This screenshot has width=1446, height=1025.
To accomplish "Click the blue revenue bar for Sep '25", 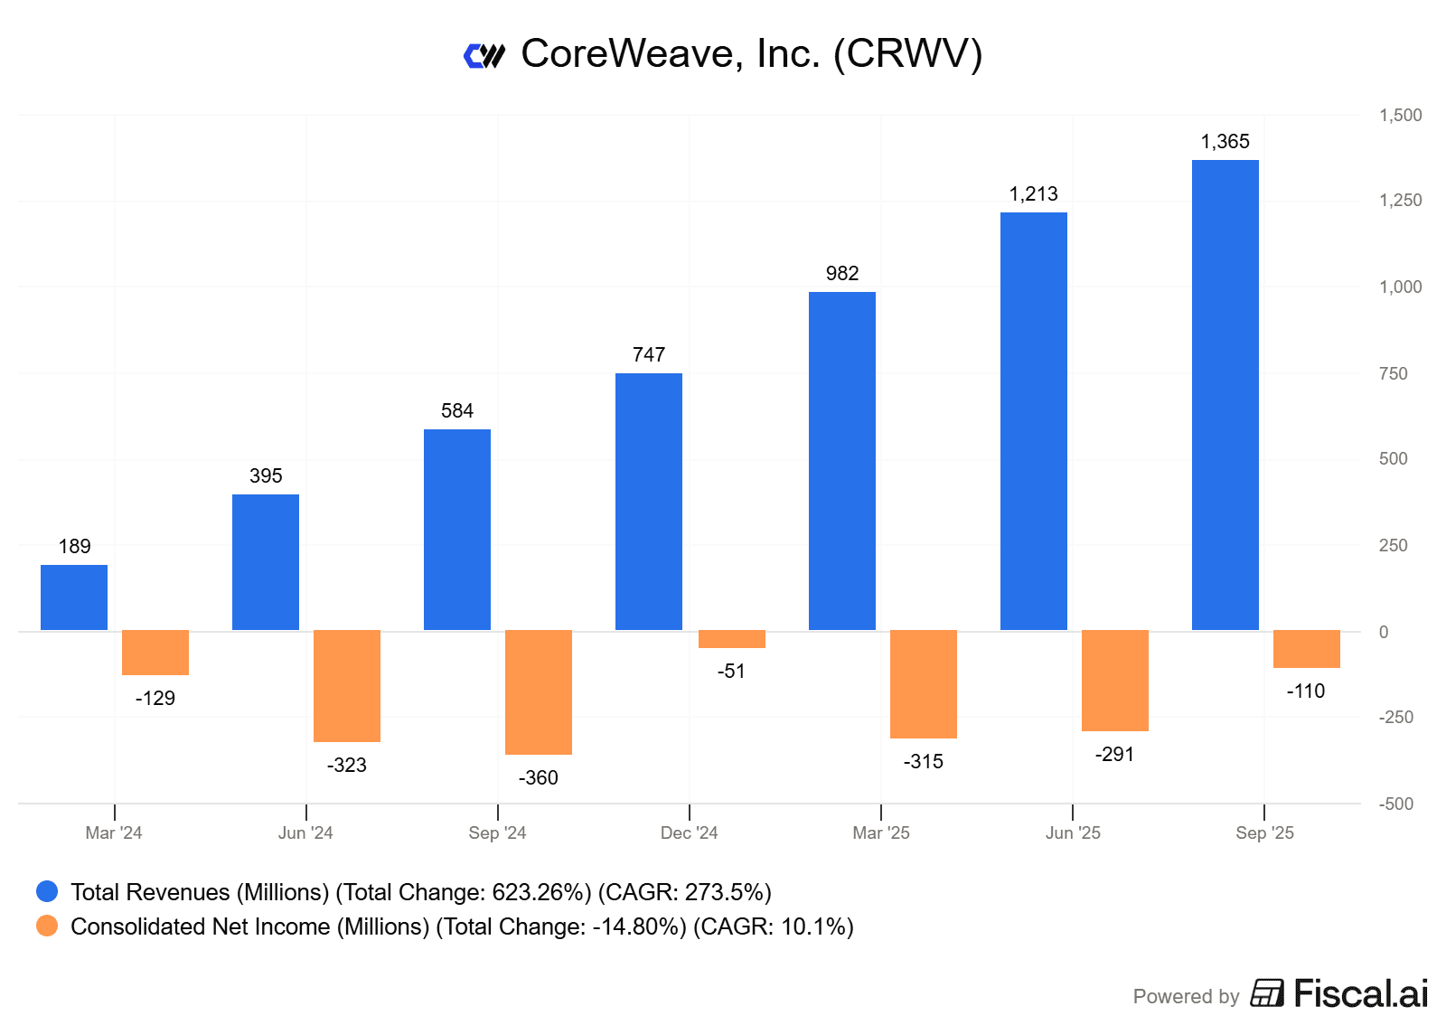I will coord(1225,395).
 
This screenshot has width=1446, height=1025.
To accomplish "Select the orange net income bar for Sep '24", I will coord(538,691).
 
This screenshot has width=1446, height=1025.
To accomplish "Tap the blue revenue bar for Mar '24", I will coord(74,597).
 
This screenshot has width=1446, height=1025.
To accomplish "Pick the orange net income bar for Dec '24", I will coord(731,639).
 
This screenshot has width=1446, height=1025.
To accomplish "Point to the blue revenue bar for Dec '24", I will coord(648,502).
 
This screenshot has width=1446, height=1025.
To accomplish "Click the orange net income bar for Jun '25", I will coord(1114,680).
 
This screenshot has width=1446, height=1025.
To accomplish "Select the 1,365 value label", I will coord(1225,142).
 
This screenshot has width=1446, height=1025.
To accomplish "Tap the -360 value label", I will coord(538,778).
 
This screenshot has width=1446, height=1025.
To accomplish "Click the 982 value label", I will coord(841,274).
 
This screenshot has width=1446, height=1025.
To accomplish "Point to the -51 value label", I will coord(731,672).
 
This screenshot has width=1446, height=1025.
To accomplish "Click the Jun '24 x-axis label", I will coord(305,833).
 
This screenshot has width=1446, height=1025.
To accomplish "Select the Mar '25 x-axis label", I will coord(881,833).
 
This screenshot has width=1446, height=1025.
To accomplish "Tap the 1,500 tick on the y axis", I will coord(1400,116).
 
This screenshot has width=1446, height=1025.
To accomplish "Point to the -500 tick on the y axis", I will coord(1396,804).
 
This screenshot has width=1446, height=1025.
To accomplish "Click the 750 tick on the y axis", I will coord(1394,374).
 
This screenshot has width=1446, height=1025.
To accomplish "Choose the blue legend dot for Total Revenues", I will coord(47,892).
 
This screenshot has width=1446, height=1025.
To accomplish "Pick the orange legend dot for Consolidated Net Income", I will coord(47,926).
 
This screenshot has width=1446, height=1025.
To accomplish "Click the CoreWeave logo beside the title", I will coord(484,56).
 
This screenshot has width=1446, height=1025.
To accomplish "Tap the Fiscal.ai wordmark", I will coord(1360,994).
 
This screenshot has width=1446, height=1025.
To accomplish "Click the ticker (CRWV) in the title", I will coord(907,54).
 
